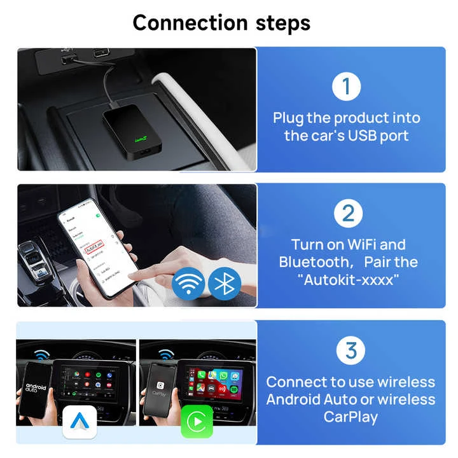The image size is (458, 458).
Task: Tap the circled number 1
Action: (x=347, y=86)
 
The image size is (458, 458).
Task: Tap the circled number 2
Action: (x=347, y=213)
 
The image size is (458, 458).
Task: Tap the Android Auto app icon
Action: (x=79, y=422)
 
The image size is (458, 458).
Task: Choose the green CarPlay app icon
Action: (x=197, y=422)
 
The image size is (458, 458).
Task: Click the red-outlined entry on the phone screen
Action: (x=99, y=246)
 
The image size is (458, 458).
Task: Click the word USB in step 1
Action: (x=364, y=135)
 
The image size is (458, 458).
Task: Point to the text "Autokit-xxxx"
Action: (x=348, y=279)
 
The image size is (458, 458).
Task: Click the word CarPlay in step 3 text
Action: (x=350, y=417)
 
